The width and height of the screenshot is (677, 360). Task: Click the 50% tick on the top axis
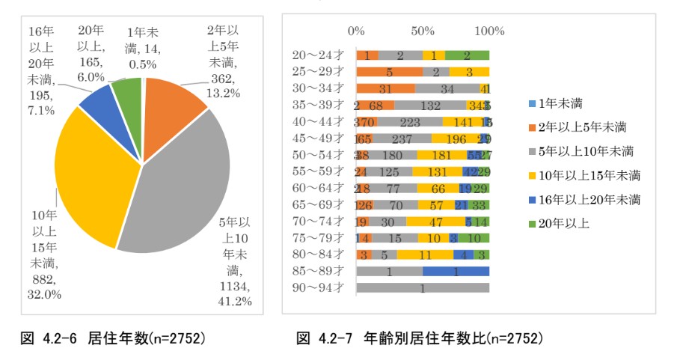[x=423, y=31]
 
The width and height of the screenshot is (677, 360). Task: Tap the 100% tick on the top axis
[x=489, y=31]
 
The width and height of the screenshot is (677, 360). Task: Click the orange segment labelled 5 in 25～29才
[x=390, y=72]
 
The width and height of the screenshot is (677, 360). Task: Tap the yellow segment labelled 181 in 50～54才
[x=441, y=155]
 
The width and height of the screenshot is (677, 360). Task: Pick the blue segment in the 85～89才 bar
[x=456, y=272]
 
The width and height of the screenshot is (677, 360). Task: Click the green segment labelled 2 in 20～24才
[x=467, y=55]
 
